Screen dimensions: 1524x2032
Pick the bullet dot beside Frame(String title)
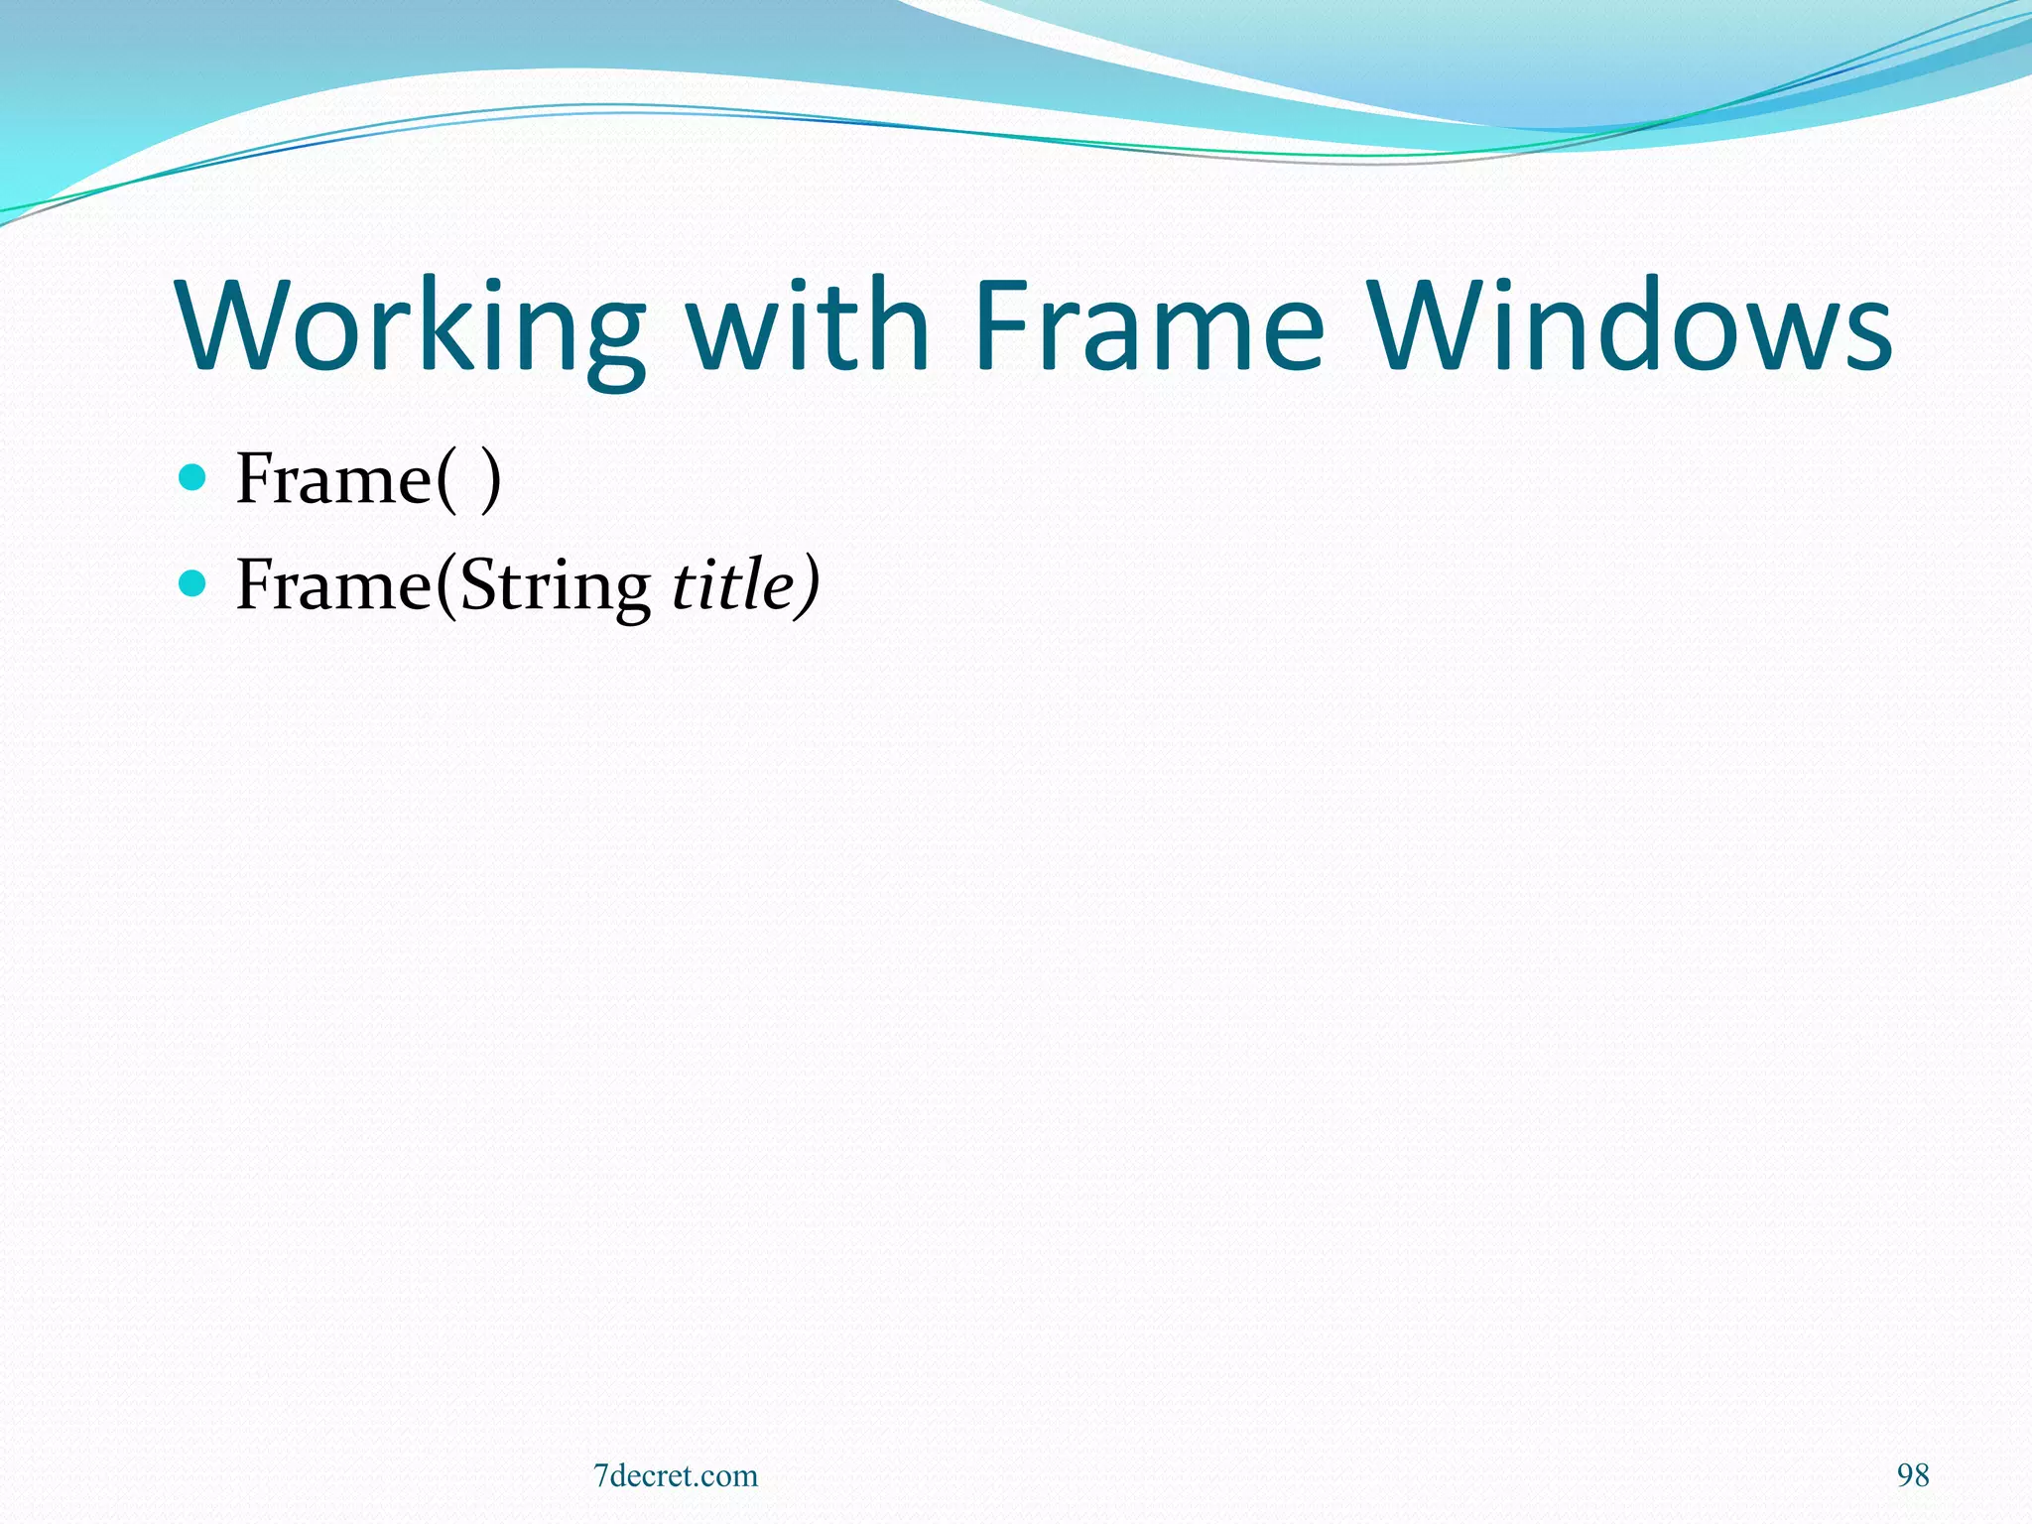pyautogui.click(x=192, y=582)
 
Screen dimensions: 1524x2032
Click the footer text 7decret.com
pyautogui.click(x=676, y=1475)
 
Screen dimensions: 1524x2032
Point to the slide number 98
pyautogui.click(x=1913, y=1475)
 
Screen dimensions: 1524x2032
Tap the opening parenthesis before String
pyautogui.click(x=446, y=586)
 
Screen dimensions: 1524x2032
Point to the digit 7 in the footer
pyautogui.click(x=600, y=1476)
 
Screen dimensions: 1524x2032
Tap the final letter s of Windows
pyautogui.click(x=1867, y=337)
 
